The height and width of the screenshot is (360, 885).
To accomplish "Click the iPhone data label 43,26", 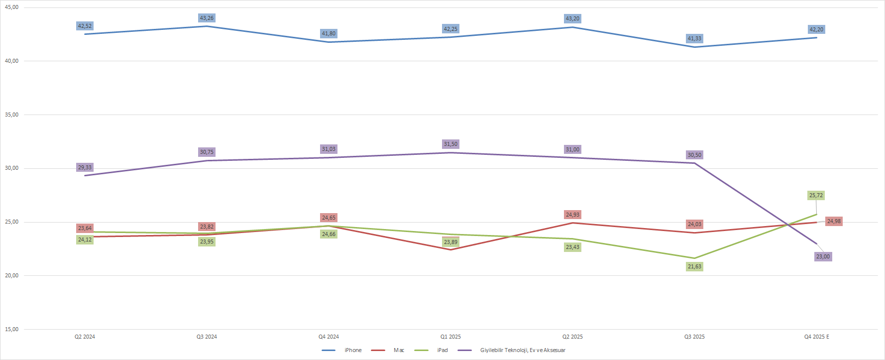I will (x=207, y=18).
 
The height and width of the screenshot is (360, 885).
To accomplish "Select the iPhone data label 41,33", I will (x=694, y=38).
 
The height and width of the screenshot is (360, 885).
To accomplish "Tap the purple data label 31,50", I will (x=450, y=144).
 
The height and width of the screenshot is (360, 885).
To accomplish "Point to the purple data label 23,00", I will (x=823, y=256).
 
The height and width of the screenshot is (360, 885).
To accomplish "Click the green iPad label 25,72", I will (x=816, y=195).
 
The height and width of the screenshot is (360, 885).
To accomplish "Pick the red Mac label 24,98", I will (x=834, y=221).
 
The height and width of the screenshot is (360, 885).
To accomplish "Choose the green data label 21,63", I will (x=694, y=266).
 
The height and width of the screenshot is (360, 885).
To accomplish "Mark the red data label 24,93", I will (x=572, y=215).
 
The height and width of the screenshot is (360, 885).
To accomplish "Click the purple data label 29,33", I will (x=85, y=167).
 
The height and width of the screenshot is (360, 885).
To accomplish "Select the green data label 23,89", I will (x=450, y=242).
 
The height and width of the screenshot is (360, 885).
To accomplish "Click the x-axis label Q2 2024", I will (x=85, y=337).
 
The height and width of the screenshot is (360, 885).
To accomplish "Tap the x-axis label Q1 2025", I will (x=450, y=337).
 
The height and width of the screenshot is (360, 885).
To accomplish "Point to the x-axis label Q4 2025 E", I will (x=816, y=337).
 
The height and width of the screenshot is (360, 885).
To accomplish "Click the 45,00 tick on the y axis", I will (x=11, y=7).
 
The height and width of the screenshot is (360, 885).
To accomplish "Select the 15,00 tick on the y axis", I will (x=11, y=329).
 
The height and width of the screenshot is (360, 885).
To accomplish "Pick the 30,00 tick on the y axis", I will (x=11, y=168).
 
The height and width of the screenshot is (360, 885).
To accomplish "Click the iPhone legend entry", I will (x=353, y=350).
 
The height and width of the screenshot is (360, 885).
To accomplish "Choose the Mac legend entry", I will (x=399, y=350).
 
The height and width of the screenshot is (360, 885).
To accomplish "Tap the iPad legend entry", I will (x=442, y=350).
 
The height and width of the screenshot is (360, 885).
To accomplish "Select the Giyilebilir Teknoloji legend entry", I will (x=522, y=350).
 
